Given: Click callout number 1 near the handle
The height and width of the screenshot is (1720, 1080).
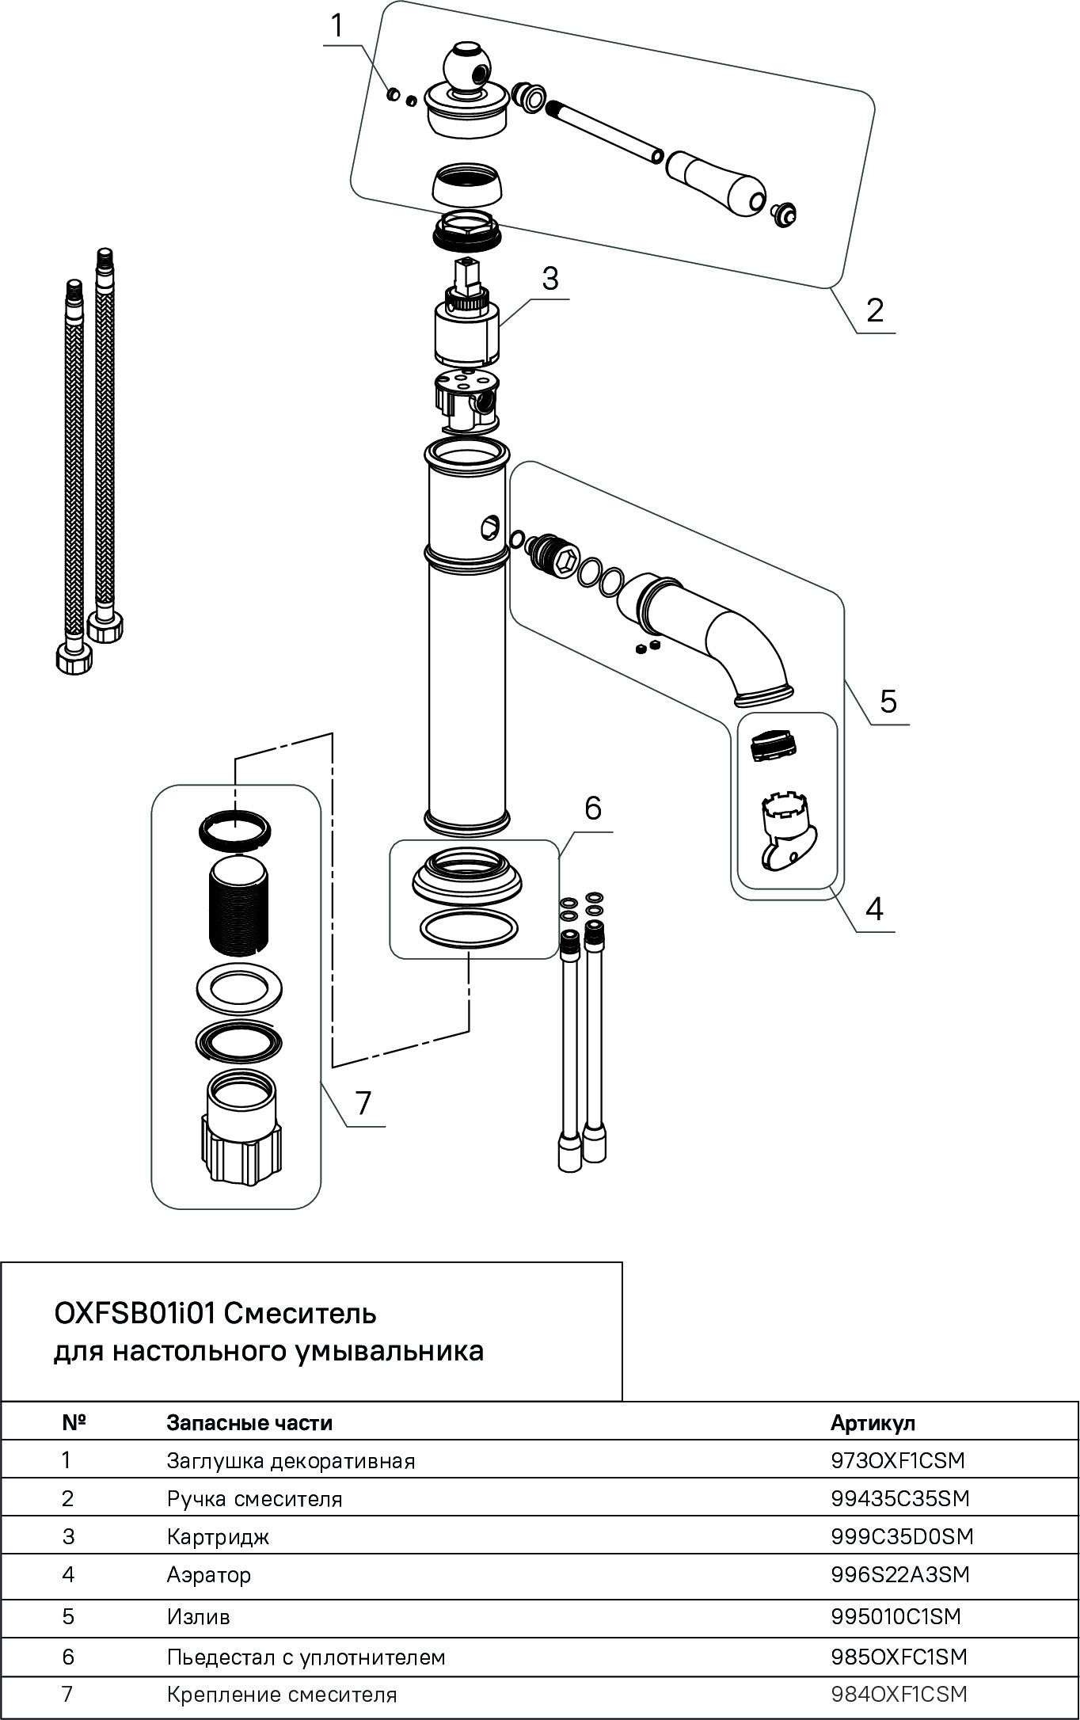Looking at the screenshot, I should point(337,26).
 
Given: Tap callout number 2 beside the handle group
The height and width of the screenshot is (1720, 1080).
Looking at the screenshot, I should point(874,310).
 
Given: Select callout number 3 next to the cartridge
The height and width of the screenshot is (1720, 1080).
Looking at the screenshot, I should point(550,279).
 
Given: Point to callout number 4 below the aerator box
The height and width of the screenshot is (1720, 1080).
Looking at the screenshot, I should point(873,909).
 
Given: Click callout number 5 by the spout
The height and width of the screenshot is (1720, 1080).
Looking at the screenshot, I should point(888,701).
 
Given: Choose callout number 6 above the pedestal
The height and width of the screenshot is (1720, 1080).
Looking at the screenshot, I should point(593,808).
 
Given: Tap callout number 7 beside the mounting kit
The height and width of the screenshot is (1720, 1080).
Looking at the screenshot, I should point(363,1102).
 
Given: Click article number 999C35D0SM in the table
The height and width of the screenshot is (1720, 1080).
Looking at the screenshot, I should point(902,1536).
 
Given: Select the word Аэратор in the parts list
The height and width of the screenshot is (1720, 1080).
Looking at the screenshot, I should point(209,1574).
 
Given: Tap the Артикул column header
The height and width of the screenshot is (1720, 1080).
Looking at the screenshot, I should point(873,1422).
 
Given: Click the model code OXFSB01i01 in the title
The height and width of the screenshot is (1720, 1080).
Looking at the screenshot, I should point(134,1314).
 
